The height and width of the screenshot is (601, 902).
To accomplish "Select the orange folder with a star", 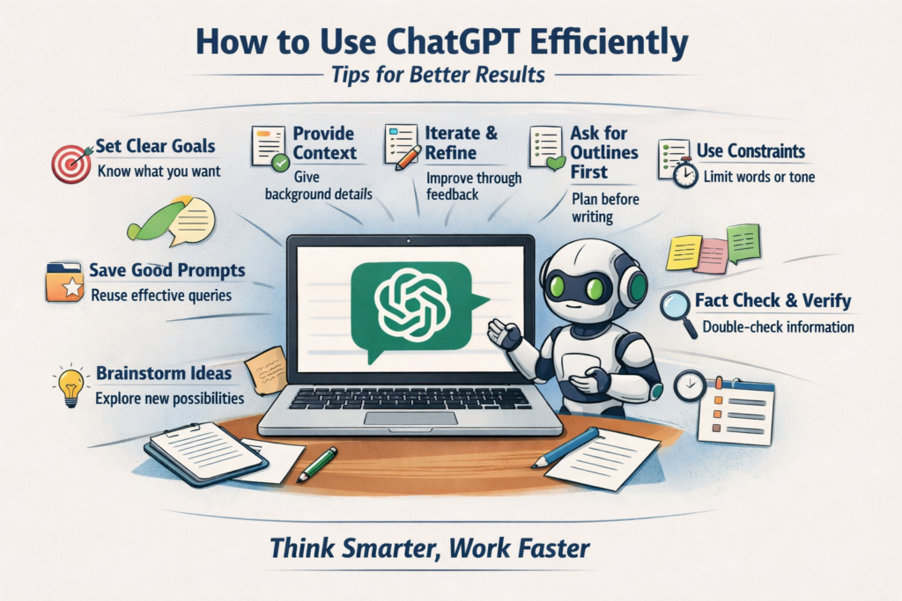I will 63,282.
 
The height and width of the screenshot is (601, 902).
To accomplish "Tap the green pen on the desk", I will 317,463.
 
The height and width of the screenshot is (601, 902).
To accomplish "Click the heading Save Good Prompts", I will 167,271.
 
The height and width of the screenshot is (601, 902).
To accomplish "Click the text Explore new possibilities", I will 169,398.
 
